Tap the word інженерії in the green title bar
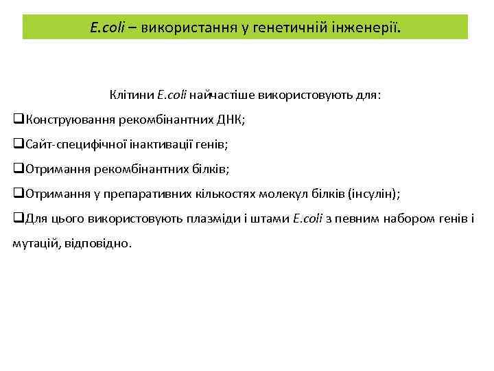pyautogui.click(x=369, y=28)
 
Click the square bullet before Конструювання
pyautogui.click(x=19, y=120)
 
